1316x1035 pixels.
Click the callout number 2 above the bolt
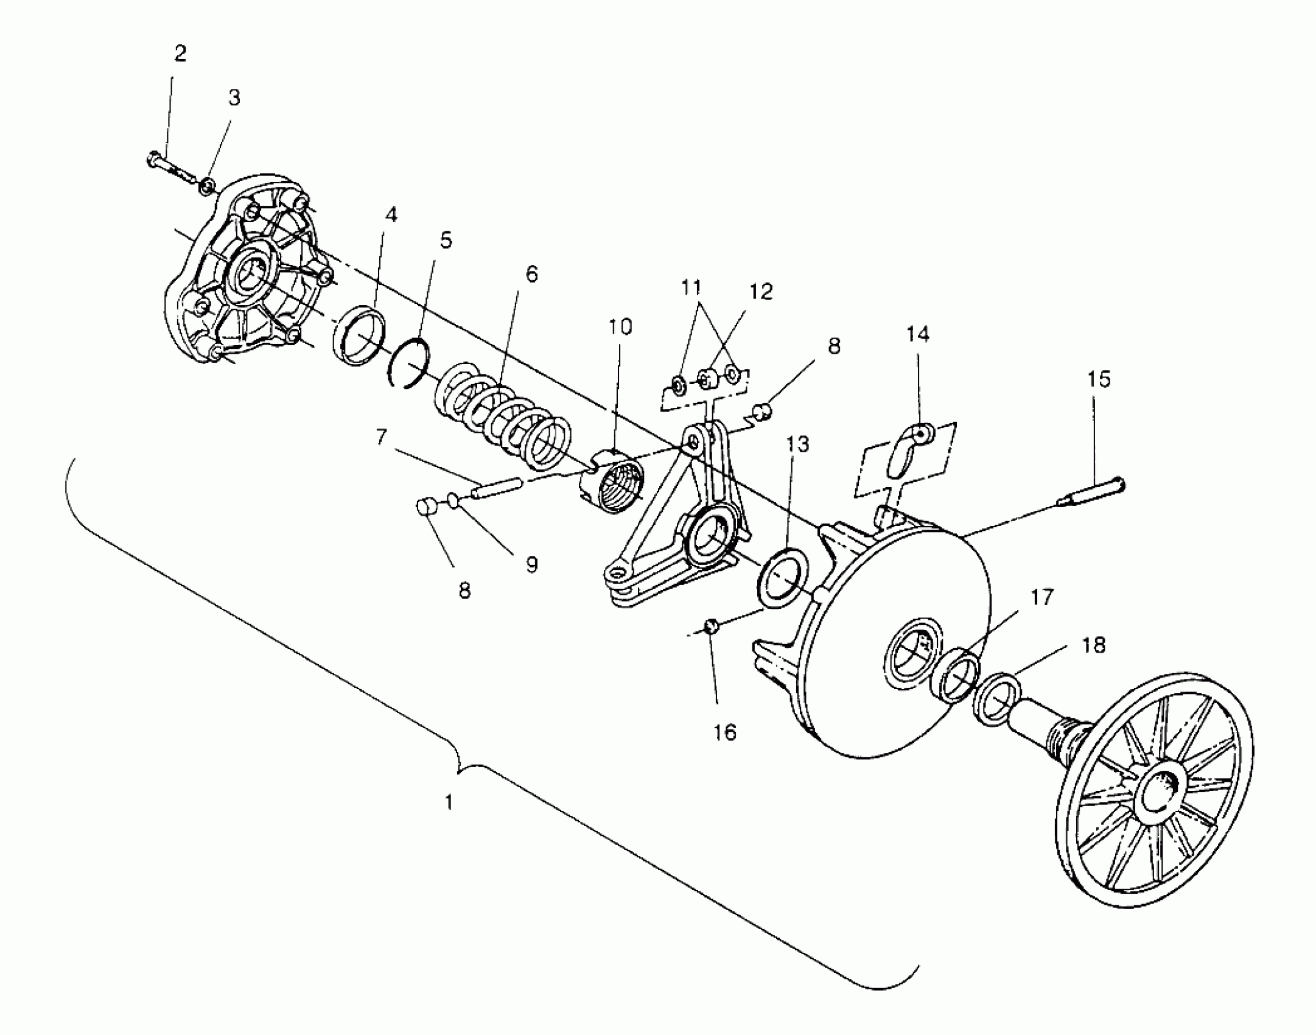pos(180,54)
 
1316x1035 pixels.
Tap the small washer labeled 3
pos(206,184)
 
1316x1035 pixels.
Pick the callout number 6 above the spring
pos(531,275)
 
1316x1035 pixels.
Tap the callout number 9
pos(531,564)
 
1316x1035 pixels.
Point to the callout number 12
pos(760,292)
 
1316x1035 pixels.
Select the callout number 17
pos(1041,597)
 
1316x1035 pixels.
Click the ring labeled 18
pos(998,700)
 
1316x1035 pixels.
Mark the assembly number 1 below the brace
pos(449,802)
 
